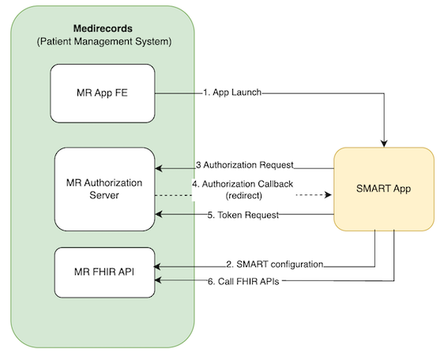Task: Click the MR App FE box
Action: [x=101, y=93]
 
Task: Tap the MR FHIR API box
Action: [x=104, y=272]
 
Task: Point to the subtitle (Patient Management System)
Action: [x=104, y=41]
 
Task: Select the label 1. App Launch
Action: [x=231, y=93]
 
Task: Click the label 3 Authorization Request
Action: [x=244, y=166]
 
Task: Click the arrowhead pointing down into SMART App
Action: [x=384, y=142]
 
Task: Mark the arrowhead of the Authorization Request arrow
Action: [x=160, y=167]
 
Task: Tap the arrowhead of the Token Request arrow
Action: [x=160, y=215]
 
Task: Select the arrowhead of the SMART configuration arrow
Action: [x=160, y=264]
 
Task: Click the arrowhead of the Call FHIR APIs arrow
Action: [x=160, y=281]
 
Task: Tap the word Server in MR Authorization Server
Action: [x=104, y=196]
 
